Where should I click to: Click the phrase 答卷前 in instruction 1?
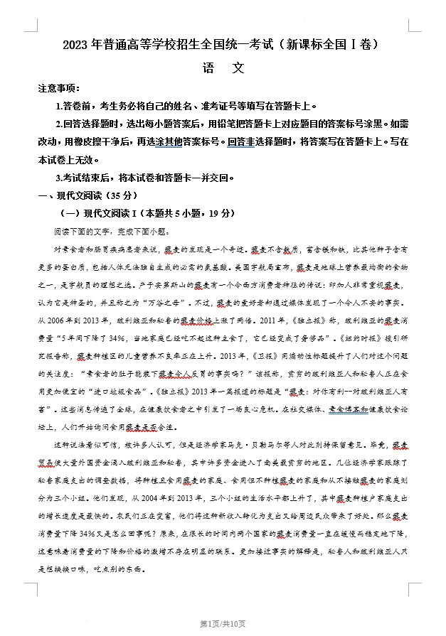(76, 106)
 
